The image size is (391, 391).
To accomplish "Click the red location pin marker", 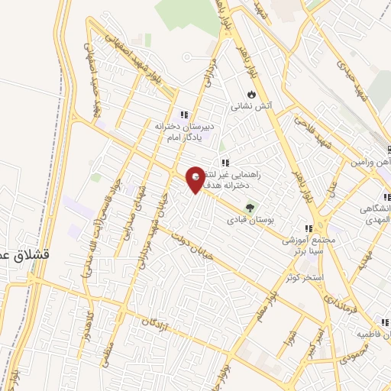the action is pyautogui.click(x=196, y=179).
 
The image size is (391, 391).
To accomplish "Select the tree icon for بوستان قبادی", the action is pyautogui.click(x=249, y=206).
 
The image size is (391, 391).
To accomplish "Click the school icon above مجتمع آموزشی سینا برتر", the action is pyautogui.click(x=309, y=228).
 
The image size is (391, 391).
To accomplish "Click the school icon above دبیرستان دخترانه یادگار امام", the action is pyautogui.click(x=183, y=115).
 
